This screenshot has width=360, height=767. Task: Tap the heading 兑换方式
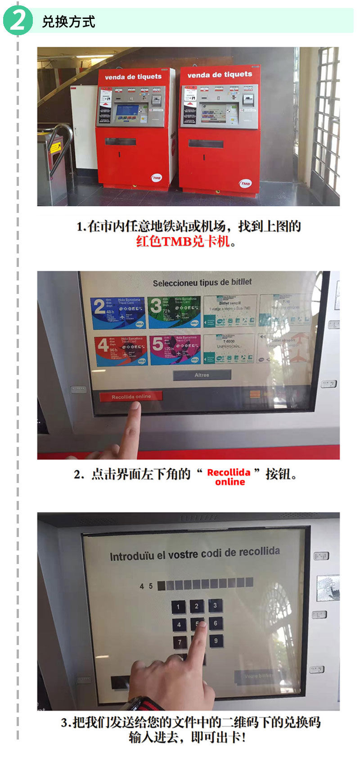[x=68, y=22]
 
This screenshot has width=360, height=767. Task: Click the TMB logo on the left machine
[x=156, y=178]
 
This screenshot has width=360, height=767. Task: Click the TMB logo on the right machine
[x=245, y=184]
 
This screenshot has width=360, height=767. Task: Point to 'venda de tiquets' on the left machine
[x=133, y=77]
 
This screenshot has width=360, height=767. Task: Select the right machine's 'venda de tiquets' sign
[x=220, y=75]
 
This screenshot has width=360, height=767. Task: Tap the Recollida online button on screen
[x=131, y=397]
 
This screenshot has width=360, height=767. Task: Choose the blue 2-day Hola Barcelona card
[x=118, y=312]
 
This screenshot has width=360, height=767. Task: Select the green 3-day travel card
[x=174, y=311]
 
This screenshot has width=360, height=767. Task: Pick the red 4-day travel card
[x=121, y=350]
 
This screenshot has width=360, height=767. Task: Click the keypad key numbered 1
[x=178, y=607]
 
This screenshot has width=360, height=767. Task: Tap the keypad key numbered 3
[x=215, y=605]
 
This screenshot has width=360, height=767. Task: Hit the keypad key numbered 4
[x=179, y=625]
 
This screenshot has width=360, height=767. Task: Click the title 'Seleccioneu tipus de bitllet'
[x=202, y=283]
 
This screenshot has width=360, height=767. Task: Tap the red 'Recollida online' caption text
[x=229, y=477]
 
